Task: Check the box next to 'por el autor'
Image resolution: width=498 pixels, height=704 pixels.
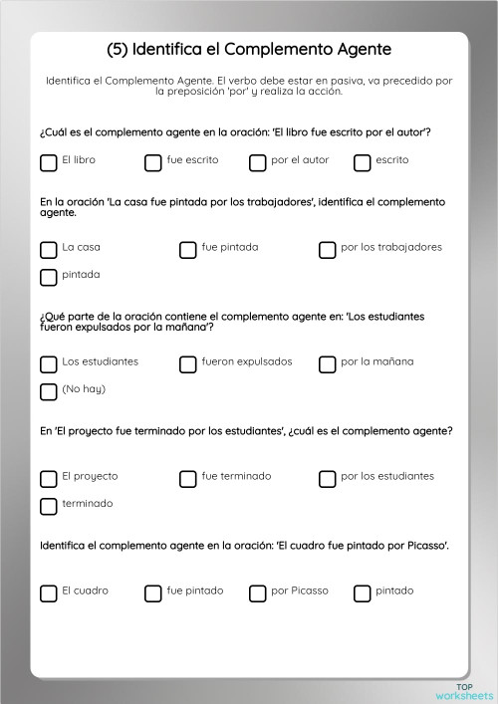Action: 257,162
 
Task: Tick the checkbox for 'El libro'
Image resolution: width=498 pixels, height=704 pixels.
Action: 48,162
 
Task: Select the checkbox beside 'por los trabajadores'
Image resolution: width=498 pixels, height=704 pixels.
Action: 327,250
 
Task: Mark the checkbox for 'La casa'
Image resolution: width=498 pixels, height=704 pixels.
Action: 48,250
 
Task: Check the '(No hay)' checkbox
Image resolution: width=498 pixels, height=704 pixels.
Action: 48,391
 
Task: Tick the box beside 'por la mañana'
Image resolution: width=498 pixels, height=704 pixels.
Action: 327,364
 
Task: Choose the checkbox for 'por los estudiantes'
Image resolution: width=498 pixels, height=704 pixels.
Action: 327,479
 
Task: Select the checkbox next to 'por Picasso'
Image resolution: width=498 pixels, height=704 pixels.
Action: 257,593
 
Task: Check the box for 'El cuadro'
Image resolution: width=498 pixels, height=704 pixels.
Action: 48,593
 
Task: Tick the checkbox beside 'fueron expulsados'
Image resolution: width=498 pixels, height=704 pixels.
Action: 187,364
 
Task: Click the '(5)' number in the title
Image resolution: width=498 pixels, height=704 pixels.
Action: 117,48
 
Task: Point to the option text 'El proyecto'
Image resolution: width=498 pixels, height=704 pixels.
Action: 89,476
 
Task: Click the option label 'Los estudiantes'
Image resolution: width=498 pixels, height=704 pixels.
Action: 100,361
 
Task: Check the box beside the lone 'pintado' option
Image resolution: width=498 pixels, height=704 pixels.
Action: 362,593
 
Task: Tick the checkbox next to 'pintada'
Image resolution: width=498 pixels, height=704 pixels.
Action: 48,277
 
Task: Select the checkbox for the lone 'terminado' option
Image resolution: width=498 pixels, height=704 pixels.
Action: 48,506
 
